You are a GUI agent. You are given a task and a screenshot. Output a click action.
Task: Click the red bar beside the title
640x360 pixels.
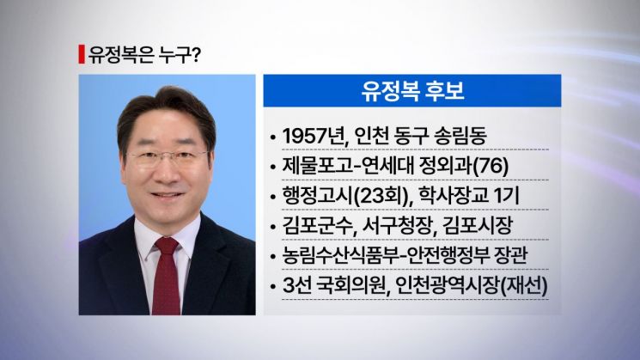(x=81, y=53)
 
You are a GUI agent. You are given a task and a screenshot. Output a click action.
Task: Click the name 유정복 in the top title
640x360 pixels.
(x=113, y=53)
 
